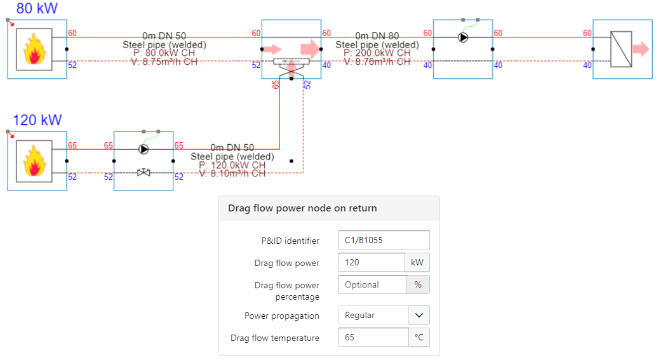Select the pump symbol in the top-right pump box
pyautogui.click(x=463, y=37)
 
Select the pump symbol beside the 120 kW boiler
pyautogui.click(x=144, y=150)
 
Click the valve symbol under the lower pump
pyautogui.click(x=144, y=172)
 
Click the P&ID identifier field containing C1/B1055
pyautogui.click(x=384, y=240)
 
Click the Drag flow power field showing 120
pyautogui.click(x=372, y=262)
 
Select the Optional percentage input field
pyautogui.click(x=372, y=284)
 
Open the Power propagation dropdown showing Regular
pyautogui.click(x=384, y=315)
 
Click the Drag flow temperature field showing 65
pyautogui.click(x=373, y=337)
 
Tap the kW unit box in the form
pyautogui.click(x=417, y=262)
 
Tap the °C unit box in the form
pyautogui.click(x=418, y=337)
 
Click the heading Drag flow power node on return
pyautogui.click(x=302, y=208)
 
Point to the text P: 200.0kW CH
pyautogui.click(x=377, y=53)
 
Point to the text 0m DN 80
pyautogui.click(x=377, y=36)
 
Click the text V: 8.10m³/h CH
pyautogui.click(x=232, y=173)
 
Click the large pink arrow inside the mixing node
pyautogui.click(x=311, y=48)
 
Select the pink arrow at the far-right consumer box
pyautogui.click(x=641, y=49)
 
